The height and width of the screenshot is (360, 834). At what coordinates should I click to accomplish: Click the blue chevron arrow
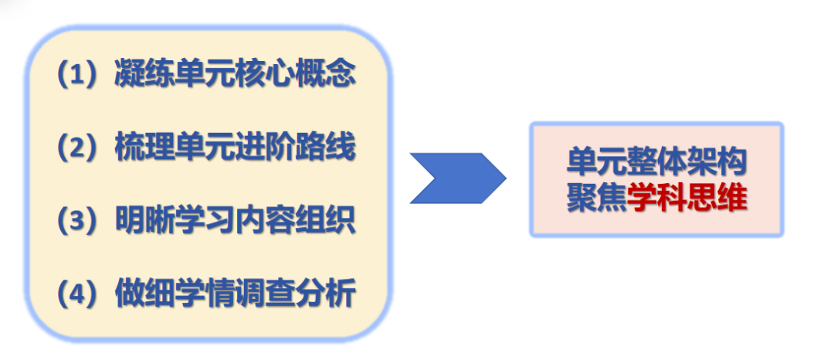[x=456, y=178]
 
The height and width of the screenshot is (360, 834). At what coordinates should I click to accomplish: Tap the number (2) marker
[x=82, y=147]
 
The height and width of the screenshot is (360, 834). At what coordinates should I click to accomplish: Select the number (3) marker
[x=82, y=220]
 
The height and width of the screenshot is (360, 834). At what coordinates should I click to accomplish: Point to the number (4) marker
[x=82, y=294]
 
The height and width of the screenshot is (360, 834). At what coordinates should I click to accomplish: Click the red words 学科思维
[x=687, y=199]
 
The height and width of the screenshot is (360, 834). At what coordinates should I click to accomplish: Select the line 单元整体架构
[x=656, y=164]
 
